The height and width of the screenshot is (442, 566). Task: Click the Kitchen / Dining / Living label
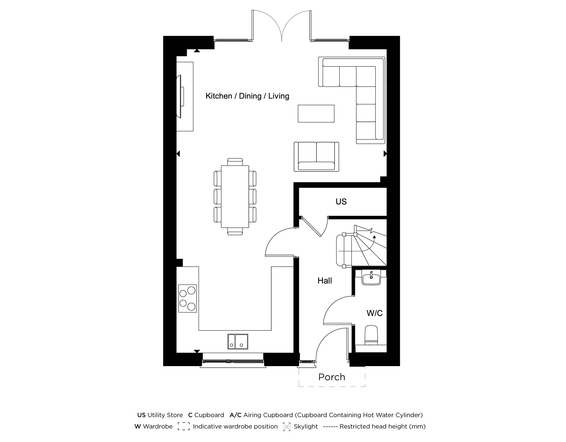tap(247, 96)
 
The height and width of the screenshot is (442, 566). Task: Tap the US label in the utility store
tap(341, 202)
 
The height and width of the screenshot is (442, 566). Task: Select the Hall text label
tap(325, 281)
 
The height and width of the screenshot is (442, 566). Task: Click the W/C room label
tap(374, 313)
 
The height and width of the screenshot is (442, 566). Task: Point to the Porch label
tap(332, 377)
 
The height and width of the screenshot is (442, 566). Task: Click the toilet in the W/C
tap(371, 335)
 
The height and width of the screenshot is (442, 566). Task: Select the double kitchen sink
tap(238, 341)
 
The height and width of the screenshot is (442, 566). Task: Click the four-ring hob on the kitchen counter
tap(187, 298)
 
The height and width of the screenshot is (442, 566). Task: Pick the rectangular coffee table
tap(316, 114)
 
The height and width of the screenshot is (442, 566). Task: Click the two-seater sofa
tap(316, 157)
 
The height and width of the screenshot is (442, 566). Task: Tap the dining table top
tap(235, 197)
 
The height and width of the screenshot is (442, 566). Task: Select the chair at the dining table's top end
tap(235, 162)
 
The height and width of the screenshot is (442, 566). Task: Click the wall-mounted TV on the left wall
tap(180, 96)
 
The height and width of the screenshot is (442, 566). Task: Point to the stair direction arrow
tap(374, 237)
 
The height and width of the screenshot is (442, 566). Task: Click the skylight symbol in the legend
tap(287, 427)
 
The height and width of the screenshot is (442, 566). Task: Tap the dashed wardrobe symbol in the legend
tap(184, 426)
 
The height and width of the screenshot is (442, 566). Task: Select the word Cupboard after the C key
tap(209, 415)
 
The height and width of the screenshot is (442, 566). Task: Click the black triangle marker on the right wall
tap(385, 154)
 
